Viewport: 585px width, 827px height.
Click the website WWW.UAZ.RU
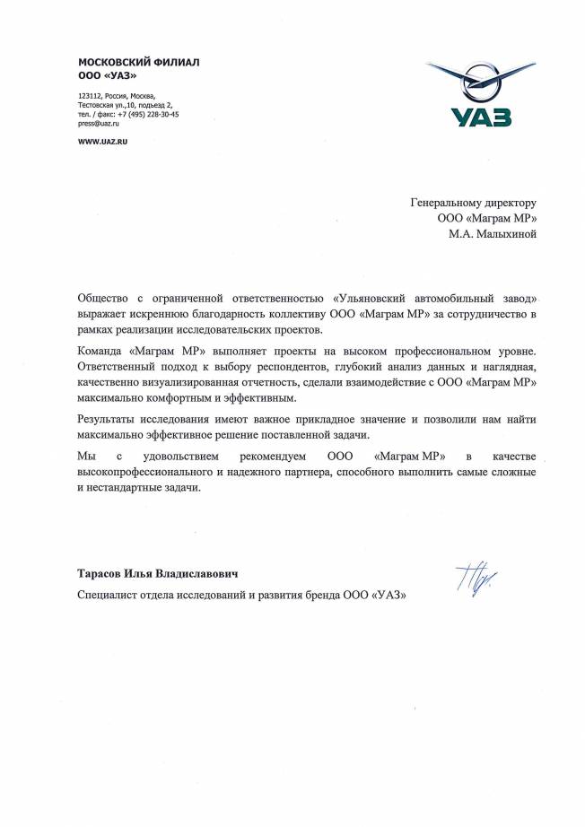pos(103,143)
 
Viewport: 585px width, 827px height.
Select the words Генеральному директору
pos(473,203)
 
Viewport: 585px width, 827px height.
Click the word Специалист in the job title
pos(113,595)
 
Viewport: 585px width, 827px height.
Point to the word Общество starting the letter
pos(109,298)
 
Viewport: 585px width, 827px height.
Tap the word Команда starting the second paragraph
pos(107,347)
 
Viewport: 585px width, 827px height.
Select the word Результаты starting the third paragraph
pos(114,418)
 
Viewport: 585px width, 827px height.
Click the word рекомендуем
pos(266,457)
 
